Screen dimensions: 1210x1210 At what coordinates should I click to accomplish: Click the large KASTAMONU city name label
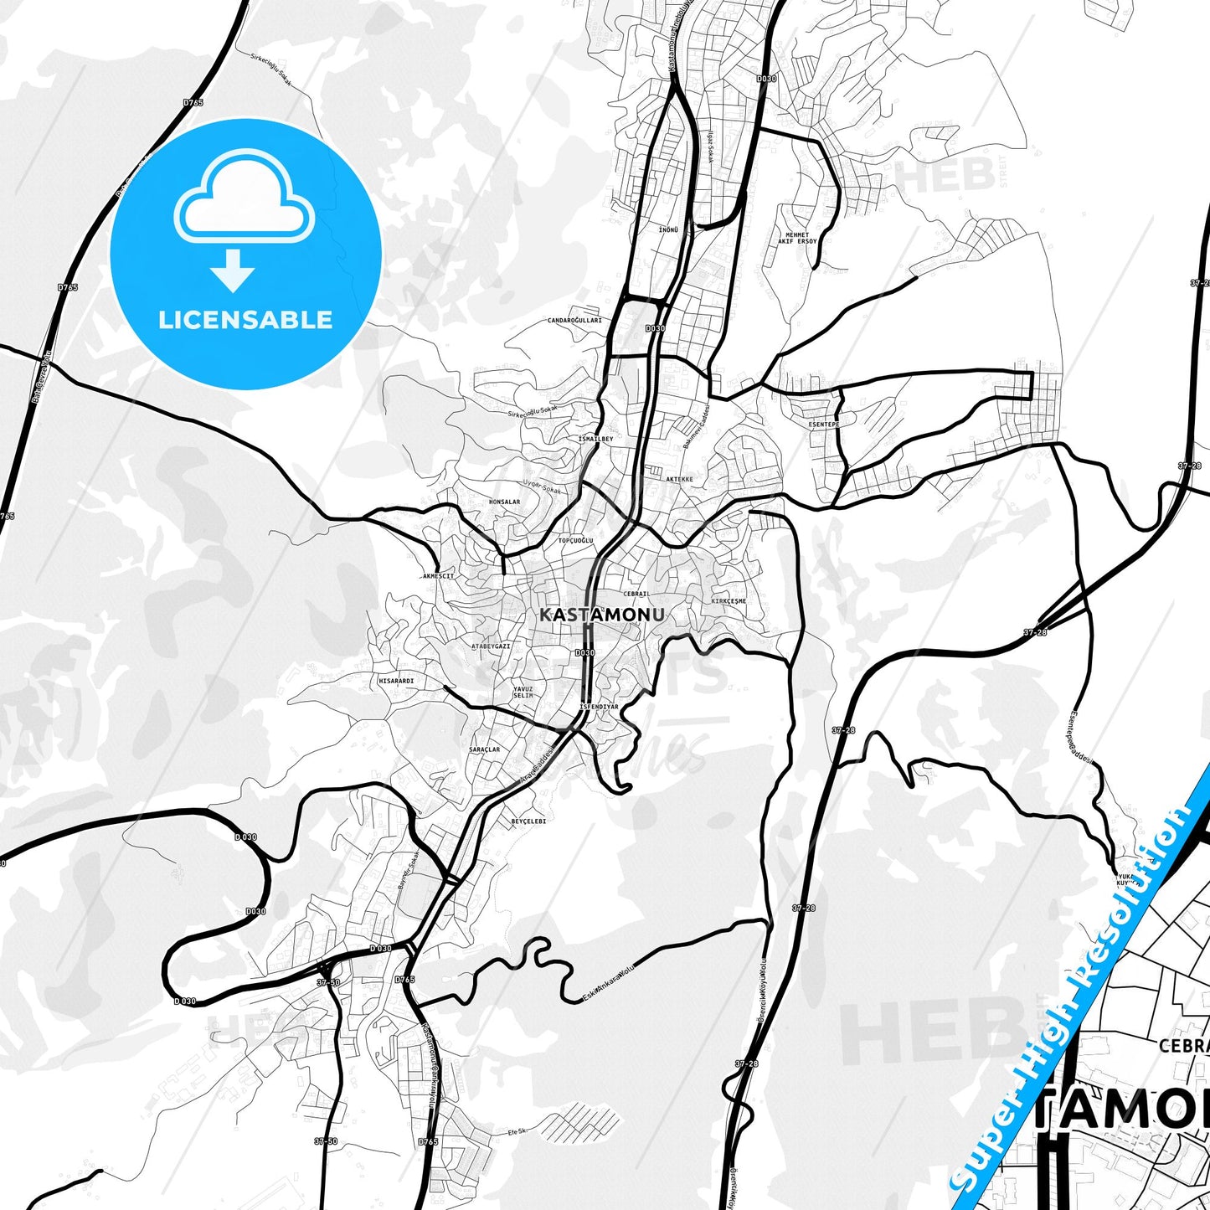point(602,615)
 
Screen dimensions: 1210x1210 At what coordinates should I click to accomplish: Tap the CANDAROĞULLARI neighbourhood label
point(574,321)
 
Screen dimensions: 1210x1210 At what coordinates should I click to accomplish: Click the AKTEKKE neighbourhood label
point(679,479)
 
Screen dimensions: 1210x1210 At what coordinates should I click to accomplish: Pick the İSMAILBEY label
point(596,439)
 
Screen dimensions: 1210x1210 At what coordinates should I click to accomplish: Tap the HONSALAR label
point(504,502)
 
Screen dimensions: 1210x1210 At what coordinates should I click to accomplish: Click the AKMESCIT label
point(439,576)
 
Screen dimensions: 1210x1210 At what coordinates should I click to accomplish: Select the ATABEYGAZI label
point(491,646)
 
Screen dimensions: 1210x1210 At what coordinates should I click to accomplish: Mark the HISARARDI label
point(396,681)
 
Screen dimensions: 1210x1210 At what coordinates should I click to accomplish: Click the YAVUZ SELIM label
point(523,692)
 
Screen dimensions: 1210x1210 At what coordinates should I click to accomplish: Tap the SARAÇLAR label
point(484,749)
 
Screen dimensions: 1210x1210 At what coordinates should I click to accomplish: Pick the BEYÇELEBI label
point(528,821)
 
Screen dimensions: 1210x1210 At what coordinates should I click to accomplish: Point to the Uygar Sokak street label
point(543,487)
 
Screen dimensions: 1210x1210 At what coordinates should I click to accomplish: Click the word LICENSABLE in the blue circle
point(245,319)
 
